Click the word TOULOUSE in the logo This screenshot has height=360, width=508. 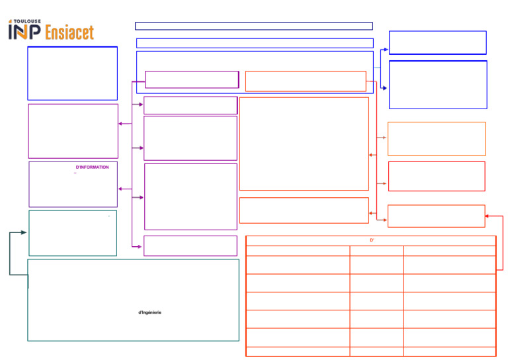(27, 21)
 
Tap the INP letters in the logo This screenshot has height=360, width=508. (24, 32)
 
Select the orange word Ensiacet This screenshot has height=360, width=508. (69, 32)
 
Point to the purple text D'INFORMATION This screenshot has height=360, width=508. (93, 167)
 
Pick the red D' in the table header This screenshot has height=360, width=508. (372, 241)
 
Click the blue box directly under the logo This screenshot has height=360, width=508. (73, 73)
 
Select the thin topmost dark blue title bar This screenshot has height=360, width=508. (254, 26)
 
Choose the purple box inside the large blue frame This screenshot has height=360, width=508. (192, 79)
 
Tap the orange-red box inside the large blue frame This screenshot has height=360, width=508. (306, 81)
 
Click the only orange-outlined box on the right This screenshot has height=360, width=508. (437, 138)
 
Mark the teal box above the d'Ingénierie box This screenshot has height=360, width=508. (73, 233)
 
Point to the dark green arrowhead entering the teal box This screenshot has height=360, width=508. (24, 233)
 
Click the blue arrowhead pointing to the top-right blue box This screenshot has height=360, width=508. (386, 49)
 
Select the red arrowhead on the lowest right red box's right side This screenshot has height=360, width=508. (487, 216)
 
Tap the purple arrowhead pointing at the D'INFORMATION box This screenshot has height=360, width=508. (120, 189)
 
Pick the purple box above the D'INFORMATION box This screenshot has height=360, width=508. (73, 130)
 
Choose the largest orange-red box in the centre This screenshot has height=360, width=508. (304, 144)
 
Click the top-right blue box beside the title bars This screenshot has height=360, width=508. (438, 42)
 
